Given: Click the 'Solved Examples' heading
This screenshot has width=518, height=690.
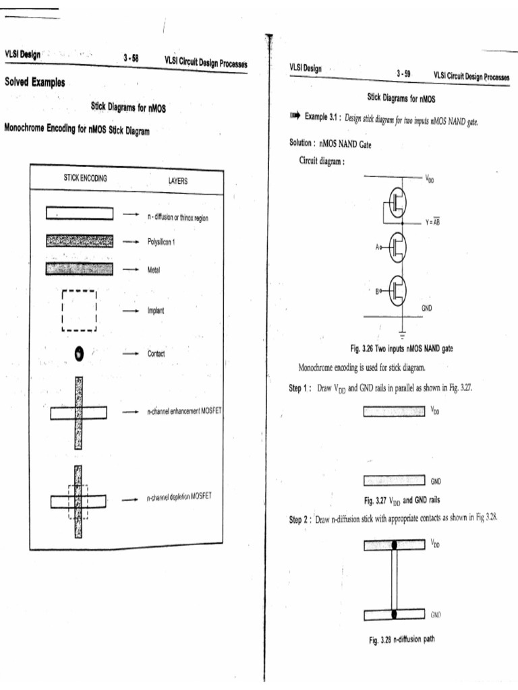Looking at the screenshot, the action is [34, 83].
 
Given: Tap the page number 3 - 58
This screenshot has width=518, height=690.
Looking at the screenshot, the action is [132, 59].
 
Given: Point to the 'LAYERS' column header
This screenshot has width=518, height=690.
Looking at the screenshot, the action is [178, 181].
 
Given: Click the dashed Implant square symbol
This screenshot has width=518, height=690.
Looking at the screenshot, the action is [79, 311].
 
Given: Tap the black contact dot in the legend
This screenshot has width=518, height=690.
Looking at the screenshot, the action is [79, 352].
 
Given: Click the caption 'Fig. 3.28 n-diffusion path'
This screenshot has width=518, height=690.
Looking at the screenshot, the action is [397, 640].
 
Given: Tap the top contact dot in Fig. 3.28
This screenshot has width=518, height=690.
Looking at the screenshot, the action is [394, 544].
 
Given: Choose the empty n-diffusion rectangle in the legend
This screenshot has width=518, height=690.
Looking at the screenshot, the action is [80, 213].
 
